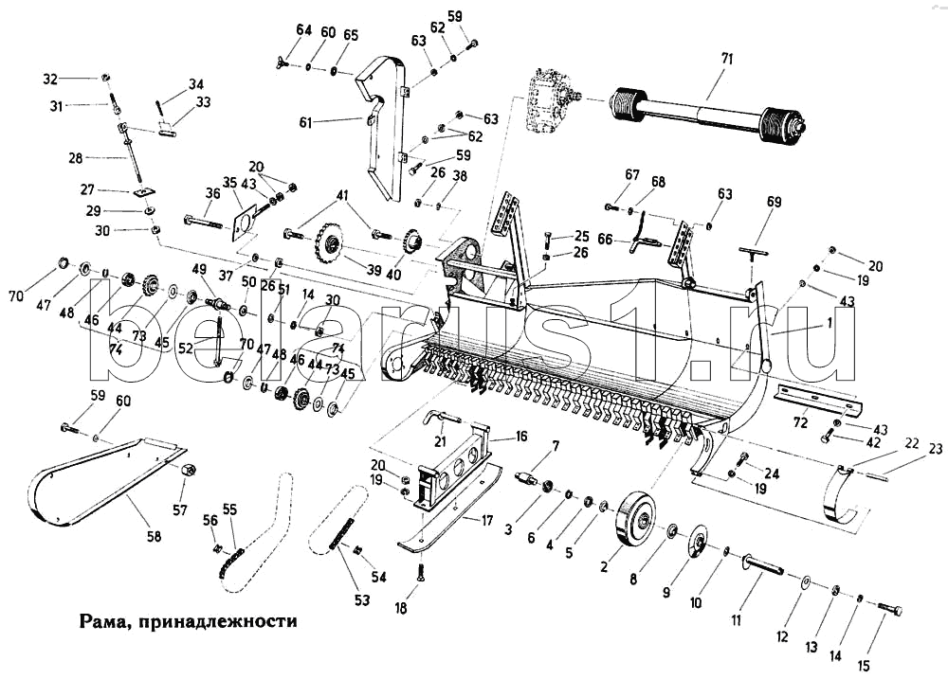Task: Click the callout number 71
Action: click(726, 59)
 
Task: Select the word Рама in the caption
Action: click(100, 621)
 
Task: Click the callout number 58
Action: click(155, 535)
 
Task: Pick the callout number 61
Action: click(305, 122)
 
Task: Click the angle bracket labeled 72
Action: click(820, 400)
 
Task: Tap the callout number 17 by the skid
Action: click(487, 520)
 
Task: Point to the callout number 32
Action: click(50, 79)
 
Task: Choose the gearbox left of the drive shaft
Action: click(548, 108)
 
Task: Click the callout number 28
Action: click(76, 158)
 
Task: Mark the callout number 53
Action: click(361, 599)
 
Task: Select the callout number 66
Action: click(605, 240)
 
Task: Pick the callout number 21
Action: click(440, 441)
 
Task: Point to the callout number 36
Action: click(212, 194)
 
